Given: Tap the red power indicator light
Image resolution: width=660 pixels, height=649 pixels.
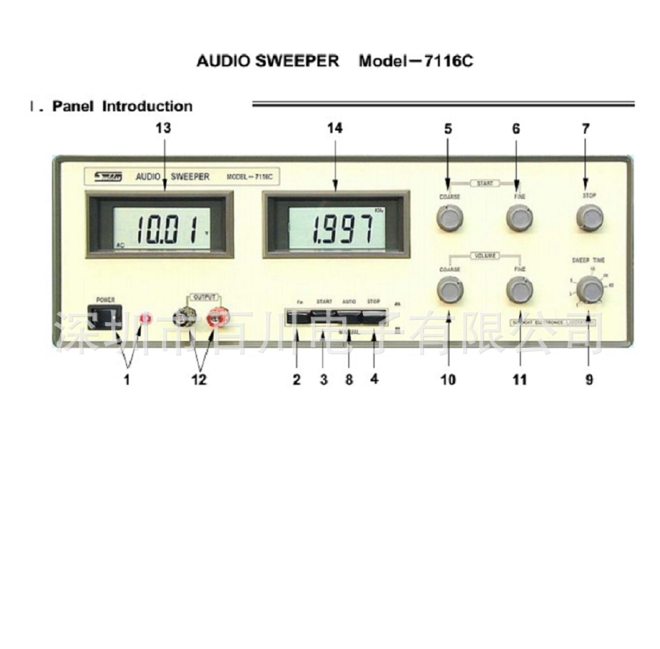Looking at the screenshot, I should coord(146,318).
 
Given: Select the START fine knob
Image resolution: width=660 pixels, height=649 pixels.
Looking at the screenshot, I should coord(519,218).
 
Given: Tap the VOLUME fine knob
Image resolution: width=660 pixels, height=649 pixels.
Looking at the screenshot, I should coord(519,291).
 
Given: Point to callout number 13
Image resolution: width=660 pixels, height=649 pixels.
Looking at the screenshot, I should coord(163,128).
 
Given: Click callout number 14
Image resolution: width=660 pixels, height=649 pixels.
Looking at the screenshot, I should coord(335,128).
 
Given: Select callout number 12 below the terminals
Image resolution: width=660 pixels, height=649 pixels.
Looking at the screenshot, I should coord(199,379).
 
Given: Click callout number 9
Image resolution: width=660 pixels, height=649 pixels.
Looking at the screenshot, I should coord(589,379).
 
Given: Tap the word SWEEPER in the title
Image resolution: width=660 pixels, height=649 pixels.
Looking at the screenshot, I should coord(297,61).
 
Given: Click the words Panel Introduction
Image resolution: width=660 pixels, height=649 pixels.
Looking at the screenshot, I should coord(122,106).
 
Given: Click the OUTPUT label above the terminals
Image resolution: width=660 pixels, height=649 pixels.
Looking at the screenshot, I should coord(204,297).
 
